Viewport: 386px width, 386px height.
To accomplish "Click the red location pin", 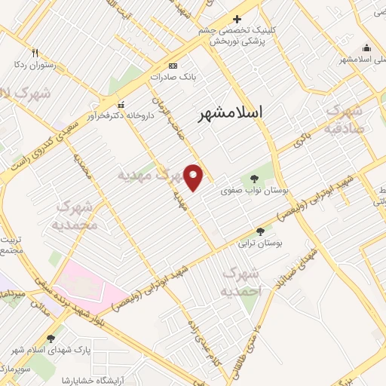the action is click(195, 177).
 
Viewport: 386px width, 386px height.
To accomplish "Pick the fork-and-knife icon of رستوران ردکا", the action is click(35, 53).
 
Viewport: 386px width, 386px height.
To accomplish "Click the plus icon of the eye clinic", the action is click(237, 20).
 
